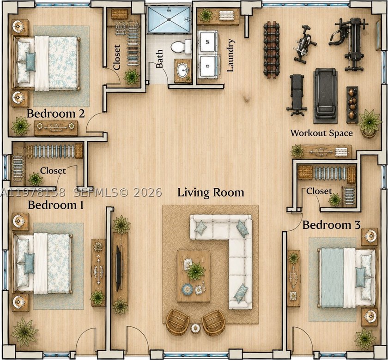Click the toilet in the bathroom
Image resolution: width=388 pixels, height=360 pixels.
tap(181, 46)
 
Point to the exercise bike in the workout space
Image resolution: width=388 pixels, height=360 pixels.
tap(304, 44)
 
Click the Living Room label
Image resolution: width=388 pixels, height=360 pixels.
tap(211, 192)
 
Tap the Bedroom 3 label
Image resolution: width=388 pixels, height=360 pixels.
tap(331, 225)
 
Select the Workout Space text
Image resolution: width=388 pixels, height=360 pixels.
tap(321, 133)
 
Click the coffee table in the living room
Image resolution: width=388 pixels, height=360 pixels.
tap(194, 276)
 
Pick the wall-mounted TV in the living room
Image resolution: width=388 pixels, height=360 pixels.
tap(119, 268)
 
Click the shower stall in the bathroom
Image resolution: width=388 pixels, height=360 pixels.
tap(169, 19)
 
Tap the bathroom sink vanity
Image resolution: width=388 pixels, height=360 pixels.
tap(183, 71)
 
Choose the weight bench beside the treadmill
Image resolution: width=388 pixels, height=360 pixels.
tap(297, 95)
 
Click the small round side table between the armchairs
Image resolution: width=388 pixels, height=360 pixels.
tap(195, 328)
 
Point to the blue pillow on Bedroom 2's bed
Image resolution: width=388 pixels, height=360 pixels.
tap(30, 62)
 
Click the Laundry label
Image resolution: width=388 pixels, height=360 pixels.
tap(230, 55)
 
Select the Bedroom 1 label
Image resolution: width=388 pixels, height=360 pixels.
tap(56, 205)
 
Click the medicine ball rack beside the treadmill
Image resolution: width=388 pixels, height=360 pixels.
tap(352, 105)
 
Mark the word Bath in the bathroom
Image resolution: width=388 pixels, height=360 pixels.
tap(159, 59)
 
